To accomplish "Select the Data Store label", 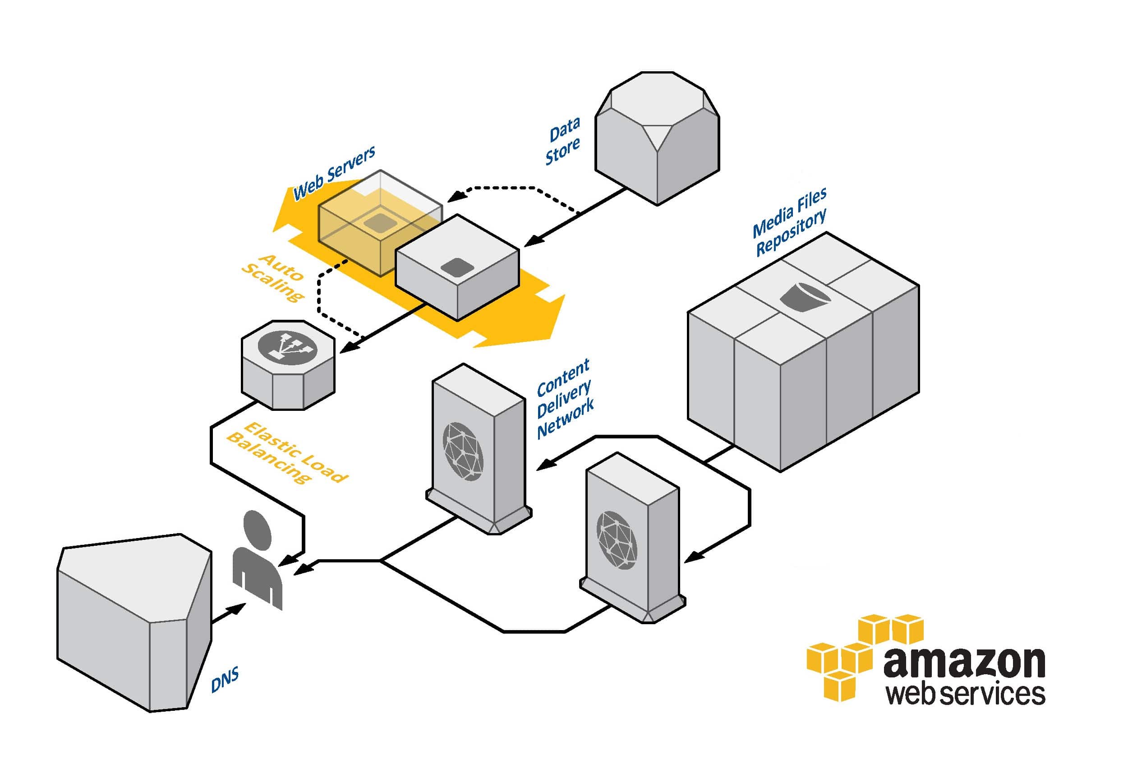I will [x=563, y=141].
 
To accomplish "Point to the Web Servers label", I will [x=334, y=173].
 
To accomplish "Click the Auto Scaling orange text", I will [x=273, y=277].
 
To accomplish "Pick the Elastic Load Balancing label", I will [x=288, y=453].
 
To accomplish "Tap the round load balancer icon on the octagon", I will [x=287, y=346].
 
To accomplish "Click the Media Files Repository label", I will [x=790, y=222].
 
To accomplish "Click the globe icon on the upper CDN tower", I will [x=463, y=451].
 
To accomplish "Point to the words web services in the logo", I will [x=965, y=695].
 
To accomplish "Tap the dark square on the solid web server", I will [x=457, y=267].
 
